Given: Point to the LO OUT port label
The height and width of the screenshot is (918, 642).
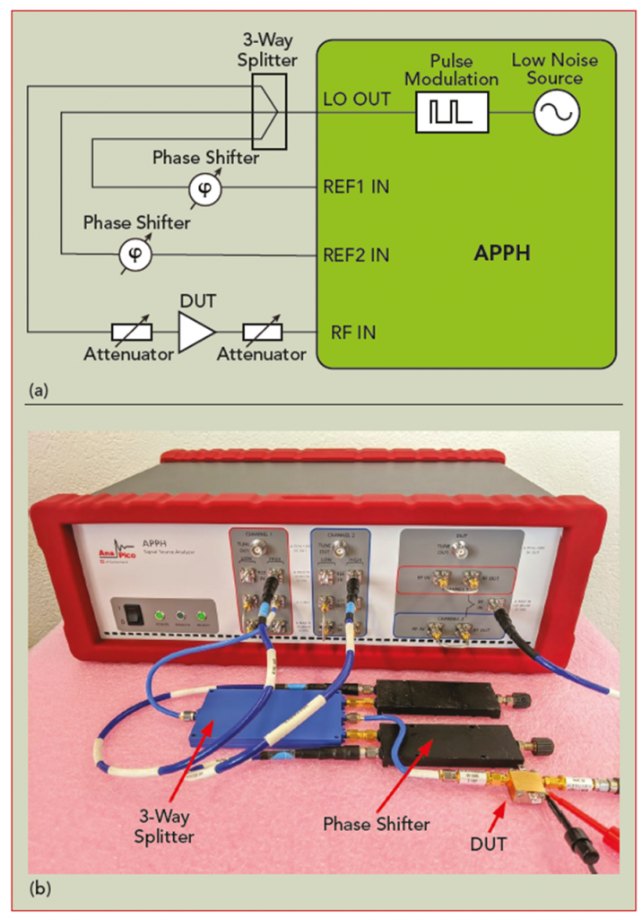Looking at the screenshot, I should point(357,99).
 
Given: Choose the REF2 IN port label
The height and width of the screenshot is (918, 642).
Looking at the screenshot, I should point(356,255).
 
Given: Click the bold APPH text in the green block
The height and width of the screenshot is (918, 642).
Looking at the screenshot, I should point(502,253).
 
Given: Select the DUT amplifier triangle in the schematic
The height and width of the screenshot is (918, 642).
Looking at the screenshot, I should point(195,333).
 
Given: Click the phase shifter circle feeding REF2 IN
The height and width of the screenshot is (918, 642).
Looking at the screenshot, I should point(135,255).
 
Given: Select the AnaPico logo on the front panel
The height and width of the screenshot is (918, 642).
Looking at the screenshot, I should point(117,559).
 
